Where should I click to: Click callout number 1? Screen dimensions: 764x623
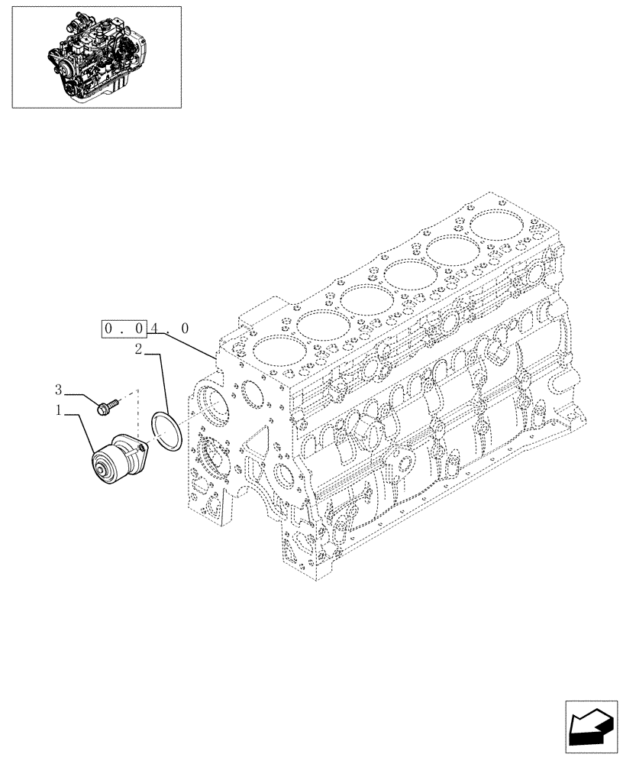[x=58, y=412]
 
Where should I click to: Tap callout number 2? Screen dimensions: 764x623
[x=139, y=350]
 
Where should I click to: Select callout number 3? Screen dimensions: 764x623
[x=58, y=390]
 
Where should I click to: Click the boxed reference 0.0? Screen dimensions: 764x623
[x=124, y=329]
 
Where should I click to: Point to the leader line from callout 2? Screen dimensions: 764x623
[x=162, y=382]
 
